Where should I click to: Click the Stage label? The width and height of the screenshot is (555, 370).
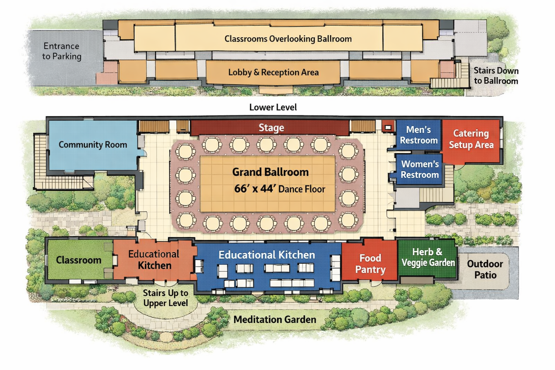271,128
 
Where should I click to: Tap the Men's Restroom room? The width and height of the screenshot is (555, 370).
418,135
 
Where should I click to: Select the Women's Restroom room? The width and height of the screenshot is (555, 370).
420,169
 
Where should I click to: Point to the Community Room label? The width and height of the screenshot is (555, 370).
93,145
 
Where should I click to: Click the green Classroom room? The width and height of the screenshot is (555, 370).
79,260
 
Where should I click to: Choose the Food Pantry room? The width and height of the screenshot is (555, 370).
370,263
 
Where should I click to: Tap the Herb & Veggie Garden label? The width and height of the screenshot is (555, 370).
428,257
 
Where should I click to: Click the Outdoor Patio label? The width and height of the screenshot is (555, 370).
485,269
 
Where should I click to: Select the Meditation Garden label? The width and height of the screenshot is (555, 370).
275,319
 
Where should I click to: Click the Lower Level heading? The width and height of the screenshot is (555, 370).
273,107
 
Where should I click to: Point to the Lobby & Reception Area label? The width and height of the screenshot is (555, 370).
273,72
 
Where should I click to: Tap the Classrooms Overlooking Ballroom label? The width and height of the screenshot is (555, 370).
288,39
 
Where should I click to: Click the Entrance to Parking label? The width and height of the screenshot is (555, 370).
61,51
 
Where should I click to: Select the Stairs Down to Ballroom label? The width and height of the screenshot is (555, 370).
496,76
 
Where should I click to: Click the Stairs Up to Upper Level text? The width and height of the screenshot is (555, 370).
165,298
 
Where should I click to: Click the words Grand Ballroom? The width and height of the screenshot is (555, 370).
270,172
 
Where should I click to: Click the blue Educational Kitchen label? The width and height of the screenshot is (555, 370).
267,255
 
